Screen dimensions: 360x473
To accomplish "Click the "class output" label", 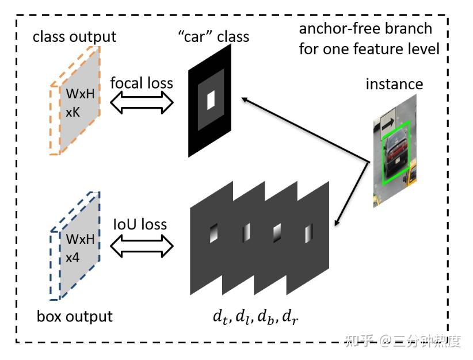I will point(74,37).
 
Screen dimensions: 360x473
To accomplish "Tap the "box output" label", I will point(74,316).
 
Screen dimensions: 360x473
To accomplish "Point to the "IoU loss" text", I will point(141,224).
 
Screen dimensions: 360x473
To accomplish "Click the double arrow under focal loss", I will point(141,104).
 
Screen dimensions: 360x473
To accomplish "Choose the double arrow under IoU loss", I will point(141,247).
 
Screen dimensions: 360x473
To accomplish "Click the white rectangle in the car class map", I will point(211,101).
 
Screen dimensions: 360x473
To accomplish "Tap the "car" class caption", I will point(213,37).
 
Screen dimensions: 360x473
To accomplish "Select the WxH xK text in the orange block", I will point(78,104).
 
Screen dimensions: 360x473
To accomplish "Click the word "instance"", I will point(394,84).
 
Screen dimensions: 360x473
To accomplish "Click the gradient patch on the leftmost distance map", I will point(215,232).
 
